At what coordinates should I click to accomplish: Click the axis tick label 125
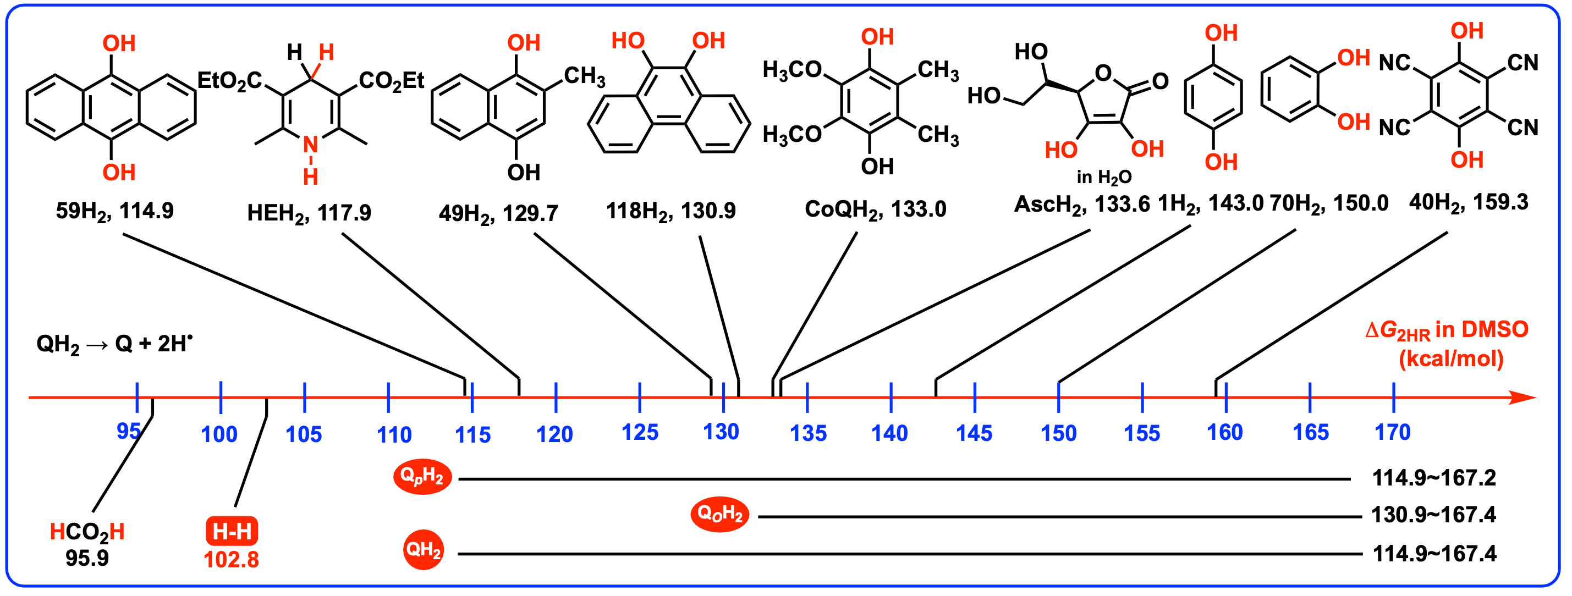640,433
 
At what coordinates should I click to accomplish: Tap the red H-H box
232,531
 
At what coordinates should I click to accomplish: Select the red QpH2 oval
422,477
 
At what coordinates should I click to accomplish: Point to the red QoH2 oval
719,514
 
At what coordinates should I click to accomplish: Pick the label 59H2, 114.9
115,211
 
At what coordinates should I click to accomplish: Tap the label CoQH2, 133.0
875,209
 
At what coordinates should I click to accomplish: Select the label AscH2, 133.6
1081,205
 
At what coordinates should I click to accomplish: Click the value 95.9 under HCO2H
87,558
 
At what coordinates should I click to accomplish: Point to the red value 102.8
231,559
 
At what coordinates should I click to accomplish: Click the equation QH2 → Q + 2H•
114,344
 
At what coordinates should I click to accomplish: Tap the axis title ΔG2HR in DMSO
1446,330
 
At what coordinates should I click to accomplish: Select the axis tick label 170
1393,433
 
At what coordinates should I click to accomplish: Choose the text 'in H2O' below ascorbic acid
1104,177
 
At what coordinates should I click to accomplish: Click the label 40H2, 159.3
1468,202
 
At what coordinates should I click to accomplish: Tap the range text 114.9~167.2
1433,478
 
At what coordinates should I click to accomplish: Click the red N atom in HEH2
311,145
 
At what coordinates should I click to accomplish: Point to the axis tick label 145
974,433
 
